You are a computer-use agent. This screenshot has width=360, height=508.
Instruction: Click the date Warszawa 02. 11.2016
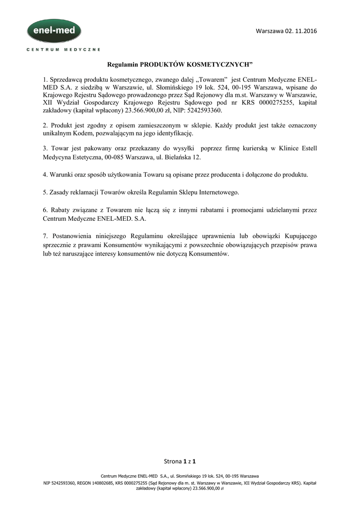tap(286, 31)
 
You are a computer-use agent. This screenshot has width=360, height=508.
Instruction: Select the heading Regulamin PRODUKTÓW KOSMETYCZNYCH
tap(180, 64)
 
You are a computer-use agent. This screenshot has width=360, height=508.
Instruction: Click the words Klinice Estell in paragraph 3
tap(298, 148)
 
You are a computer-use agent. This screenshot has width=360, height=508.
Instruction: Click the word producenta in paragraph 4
tap(227, 175)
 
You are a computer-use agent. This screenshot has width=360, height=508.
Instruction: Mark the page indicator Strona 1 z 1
tap(180, 461)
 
